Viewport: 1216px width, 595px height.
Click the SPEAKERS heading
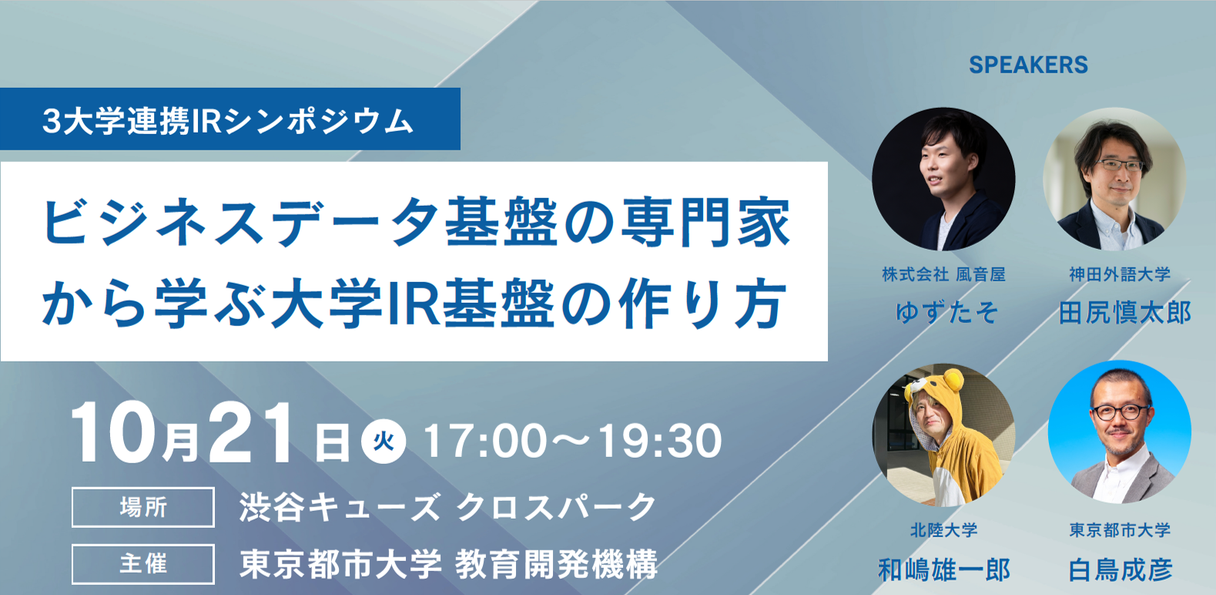point(1028,66)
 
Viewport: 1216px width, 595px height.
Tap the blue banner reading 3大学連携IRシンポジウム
point(230,119)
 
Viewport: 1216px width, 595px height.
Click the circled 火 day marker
point(384,441)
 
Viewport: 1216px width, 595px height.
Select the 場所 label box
point(143,507)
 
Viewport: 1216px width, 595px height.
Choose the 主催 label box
point(143,564)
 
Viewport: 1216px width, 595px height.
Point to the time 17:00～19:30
point(573,441)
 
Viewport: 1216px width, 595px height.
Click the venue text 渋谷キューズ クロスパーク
point(448,507)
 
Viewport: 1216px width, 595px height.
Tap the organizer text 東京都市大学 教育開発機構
point(448,565)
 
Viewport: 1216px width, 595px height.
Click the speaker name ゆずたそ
point(946,313)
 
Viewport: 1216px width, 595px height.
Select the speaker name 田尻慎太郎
point(1124,313)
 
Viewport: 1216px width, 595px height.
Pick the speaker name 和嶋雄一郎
point(944,570)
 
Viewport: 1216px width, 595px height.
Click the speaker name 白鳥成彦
point(1121,570)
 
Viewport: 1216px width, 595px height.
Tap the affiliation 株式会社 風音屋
point(944,274)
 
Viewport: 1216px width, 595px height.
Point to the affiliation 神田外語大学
point(1120,274)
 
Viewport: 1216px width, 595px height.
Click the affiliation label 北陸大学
point(944,529)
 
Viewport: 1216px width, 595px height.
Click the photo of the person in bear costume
point(944,435)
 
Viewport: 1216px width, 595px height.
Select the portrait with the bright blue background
point(1120,432)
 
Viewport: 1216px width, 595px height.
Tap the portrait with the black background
point(944,180)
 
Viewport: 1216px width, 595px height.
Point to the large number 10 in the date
point(112,433)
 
